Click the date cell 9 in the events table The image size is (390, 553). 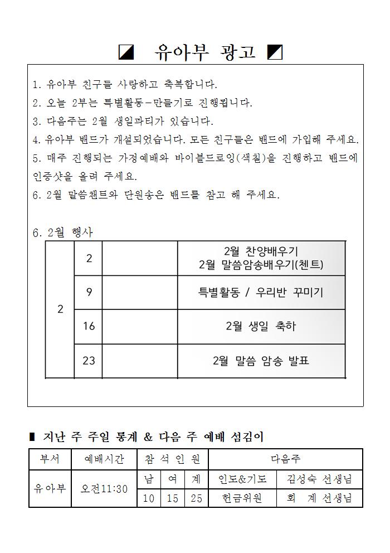[x=89, y=292]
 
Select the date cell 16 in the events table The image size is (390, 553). [x=89, y=326]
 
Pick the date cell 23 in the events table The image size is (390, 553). [x=89, y=361]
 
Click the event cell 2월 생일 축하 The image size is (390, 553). [x=261, y=326]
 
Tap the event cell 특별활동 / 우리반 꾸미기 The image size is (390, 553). [x=261, y=292]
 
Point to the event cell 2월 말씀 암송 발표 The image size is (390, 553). [x=261, y=361]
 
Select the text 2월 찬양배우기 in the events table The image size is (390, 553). [x=261, y=251]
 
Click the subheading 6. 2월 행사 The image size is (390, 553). [x=63, y=233]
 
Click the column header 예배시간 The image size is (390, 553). [x=104, y=459]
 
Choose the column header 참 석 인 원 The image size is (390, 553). [x=172, y=459]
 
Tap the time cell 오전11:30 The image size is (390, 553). [x=104, y=489]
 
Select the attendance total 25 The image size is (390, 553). [x=196, y=498]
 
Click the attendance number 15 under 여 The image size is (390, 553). [x=173, y=498]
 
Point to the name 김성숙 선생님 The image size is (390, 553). [x=319, y=479]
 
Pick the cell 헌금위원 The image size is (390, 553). [x=242, y=498]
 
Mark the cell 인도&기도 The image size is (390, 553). [x=242, y=479]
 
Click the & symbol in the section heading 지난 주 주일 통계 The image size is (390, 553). [x=148, y=438]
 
